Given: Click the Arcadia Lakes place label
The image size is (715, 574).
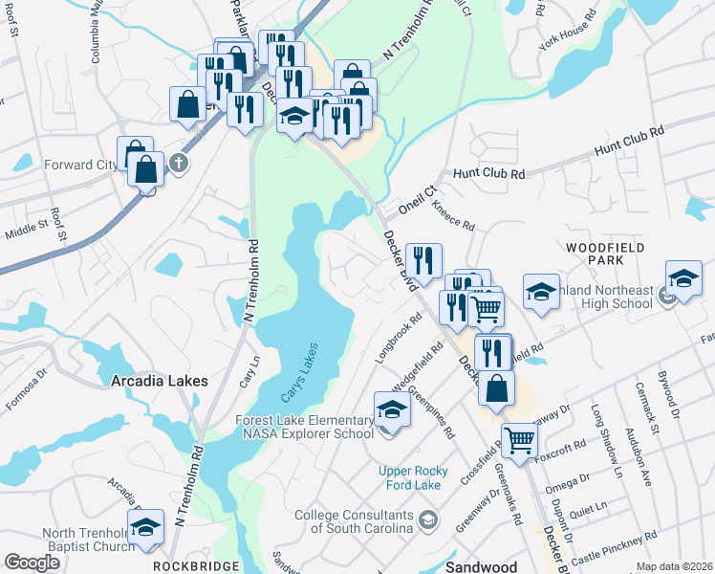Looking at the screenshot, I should [x=159, y=381].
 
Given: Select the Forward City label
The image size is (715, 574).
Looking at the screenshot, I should [x=79, y=165].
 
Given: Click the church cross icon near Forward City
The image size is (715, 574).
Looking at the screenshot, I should [x=178, y=165].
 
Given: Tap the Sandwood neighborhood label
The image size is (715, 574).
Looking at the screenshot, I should [x=482, y=567].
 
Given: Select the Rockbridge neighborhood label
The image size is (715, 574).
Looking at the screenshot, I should [x=189, y=566].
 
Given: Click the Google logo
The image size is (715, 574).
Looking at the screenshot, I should [x=32, y=563].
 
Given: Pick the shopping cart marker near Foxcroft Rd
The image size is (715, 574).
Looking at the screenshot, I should [x=519, y=440].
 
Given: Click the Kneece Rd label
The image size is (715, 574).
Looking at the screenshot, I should [x=453, y=215].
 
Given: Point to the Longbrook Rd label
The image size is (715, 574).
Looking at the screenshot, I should [x=399, y=339].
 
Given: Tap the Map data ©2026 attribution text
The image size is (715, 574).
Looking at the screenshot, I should [x=674, y=566].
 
